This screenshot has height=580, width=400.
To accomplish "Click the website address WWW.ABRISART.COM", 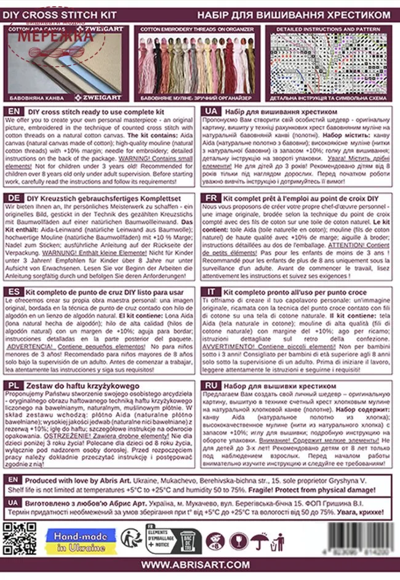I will pyautogui.click(x=200, y=565).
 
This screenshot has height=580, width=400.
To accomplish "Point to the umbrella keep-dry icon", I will pyautogui.click(x=258, y=539).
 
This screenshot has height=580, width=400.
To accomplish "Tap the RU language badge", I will pyautogui.click(x=210, y=384).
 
